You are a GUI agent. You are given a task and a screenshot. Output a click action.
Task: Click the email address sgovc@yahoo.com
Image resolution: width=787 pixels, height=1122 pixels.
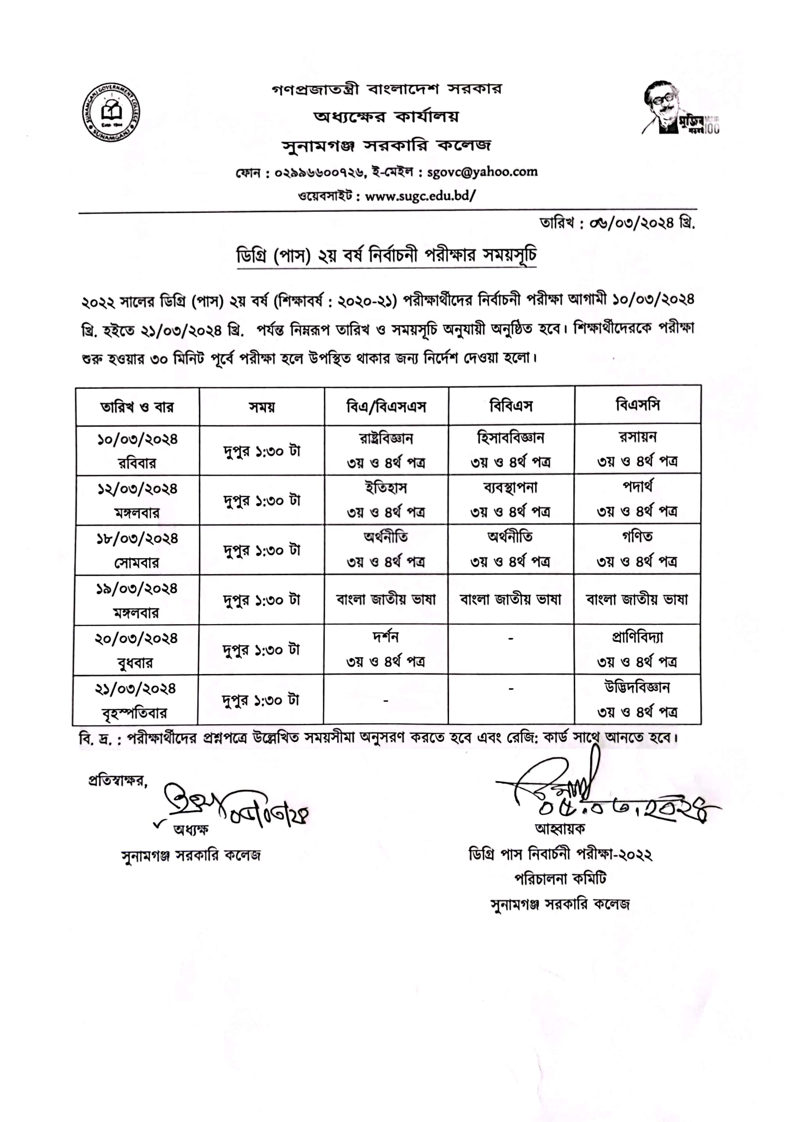(x=482, y=172)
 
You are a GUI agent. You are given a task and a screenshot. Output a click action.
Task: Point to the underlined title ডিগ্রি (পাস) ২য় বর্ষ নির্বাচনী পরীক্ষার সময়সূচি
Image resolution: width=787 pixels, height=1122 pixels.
(x=386, y=256)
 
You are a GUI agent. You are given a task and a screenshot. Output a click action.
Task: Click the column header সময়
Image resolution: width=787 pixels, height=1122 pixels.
(x=262, y=407)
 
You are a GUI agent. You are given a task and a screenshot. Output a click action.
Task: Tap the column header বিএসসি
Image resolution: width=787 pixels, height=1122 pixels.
(x=637, y=405)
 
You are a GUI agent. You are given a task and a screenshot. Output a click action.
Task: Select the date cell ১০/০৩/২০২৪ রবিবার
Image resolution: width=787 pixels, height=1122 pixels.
(x=137, y=451)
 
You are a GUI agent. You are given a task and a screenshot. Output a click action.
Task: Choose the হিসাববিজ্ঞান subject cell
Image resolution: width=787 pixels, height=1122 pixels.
(x=511, y=449)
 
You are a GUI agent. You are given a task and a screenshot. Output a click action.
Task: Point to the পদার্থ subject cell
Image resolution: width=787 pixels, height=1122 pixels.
(x=637, y=499)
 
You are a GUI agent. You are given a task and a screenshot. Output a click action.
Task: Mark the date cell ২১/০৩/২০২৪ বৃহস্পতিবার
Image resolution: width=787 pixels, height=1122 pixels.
(x=135, y=700)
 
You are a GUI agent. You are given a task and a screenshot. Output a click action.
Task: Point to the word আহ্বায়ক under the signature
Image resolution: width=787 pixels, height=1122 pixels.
(x=560, y=829)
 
